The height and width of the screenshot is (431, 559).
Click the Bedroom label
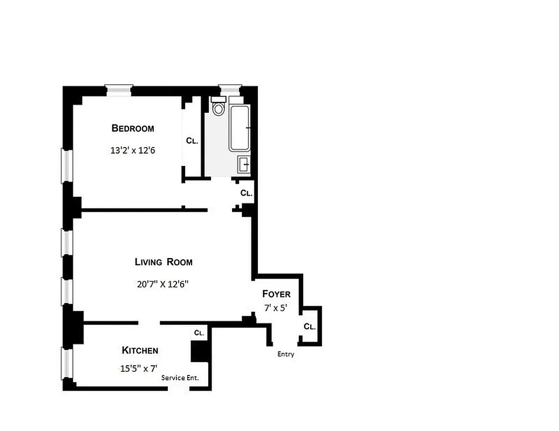click(x=133, y=128)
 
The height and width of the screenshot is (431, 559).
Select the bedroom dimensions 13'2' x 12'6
click(x=133, y=151)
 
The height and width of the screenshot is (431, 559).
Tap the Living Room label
click(x=163, y=262)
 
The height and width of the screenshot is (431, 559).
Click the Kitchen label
click(x=140, y=351)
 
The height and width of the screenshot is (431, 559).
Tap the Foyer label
click(x=276, y=294)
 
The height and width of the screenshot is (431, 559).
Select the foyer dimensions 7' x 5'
click(x=276, y=308)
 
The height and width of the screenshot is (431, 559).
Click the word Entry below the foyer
click(x=286, y=354)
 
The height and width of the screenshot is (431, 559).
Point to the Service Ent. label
click(x=180, y=378)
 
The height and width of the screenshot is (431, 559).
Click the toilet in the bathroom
click(x=218, y=108)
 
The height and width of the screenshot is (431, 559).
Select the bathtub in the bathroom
click(x=240, y=128)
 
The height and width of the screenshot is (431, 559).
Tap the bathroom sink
click(x=244, y=164)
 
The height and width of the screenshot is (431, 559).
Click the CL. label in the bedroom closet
click(x=193, y=141)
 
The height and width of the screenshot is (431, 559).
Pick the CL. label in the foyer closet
click(x=310, y=326)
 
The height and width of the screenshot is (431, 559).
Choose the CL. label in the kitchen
click(x=199, y=333)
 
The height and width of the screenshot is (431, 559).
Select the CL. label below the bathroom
click(x=246, y=193)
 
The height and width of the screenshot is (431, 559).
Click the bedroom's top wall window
click(x=119, y=90)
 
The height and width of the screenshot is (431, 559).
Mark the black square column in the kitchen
click(x=199, y=352)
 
